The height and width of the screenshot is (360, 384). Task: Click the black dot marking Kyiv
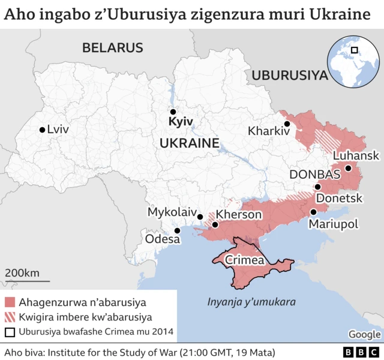click(x=173, y=112)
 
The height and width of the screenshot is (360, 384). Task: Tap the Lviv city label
click(x=58, y=130)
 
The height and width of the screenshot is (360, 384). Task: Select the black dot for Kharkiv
click(x=287, y=124)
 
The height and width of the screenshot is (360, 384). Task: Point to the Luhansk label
click(x=355, y=155)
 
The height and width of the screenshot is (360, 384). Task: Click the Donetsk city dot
click(x=318, y=187)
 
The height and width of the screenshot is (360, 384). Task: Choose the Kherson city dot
click(x=215, y=225)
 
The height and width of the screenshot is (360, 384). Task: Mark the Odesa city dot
click(x=177, y=230)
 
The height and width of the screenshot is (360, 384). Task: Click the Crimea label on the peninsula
click(x=244, y=260)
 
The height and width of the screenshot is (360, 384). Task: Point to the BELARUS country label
click(x=113, y=48)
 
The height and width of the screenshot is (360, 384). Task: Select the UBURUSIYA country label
click(x=290, y=75)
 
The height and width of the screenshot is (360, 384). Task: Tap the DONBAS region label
click(x=314, y=175)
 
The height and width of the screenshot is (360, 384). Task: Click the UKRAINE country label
click(x=188, y=143)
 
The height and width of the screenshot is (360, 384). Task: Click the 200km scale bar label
click(x=22, y=273)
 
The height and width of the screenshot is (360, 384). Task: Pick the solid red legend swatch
click(x=10, y=302)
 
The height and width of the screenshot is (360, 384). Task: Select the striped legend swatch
click(x=10, y=317)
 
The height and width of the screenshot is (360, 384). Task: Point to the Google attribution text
click(x=364, y=334)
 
